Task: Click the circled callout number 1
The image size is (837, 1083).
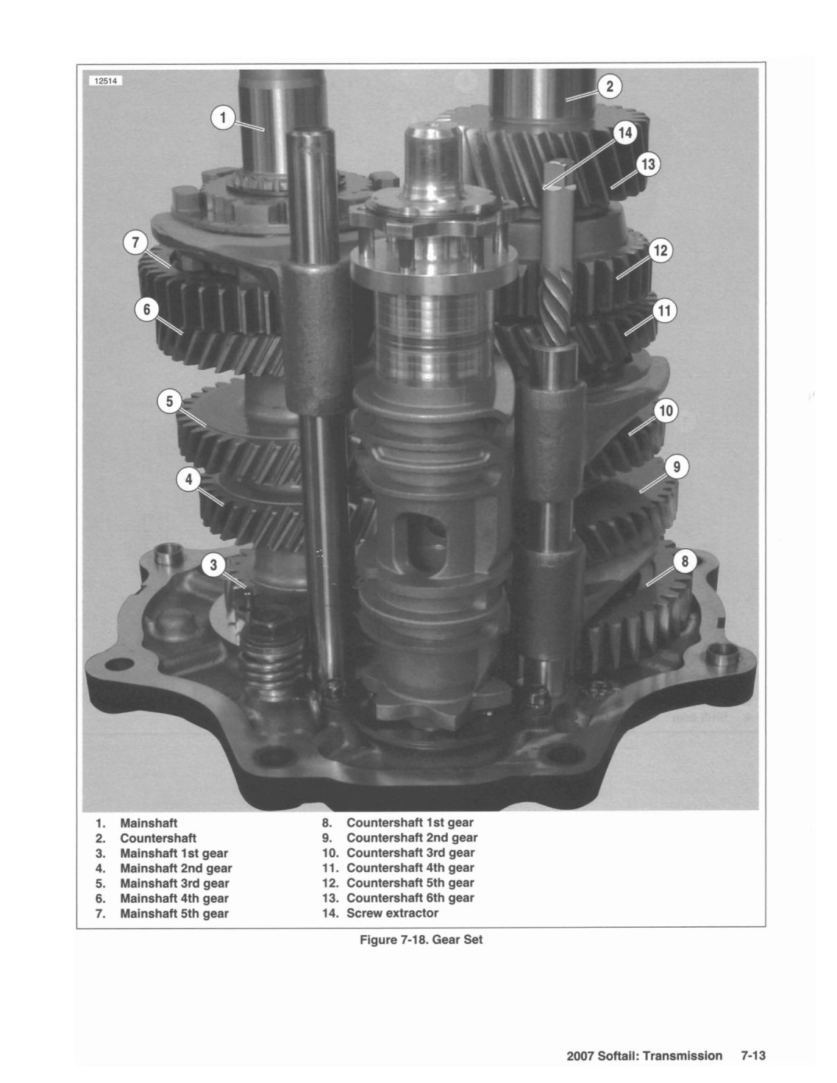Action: (224, 118)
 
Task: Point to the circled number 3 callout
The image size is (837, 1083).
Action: (214, 565)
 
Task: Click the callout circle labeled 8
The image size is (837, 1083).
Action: (685, 561)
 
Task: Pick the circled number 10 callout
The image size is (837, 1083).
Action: (666, 411)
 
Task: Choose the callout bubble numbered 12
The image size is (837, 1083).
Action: (660, 250)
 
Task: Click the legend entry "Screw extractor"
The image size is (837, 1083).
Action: (392, 913)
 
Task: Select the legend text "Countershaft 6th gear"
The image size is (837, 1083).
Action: (410, 898)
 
